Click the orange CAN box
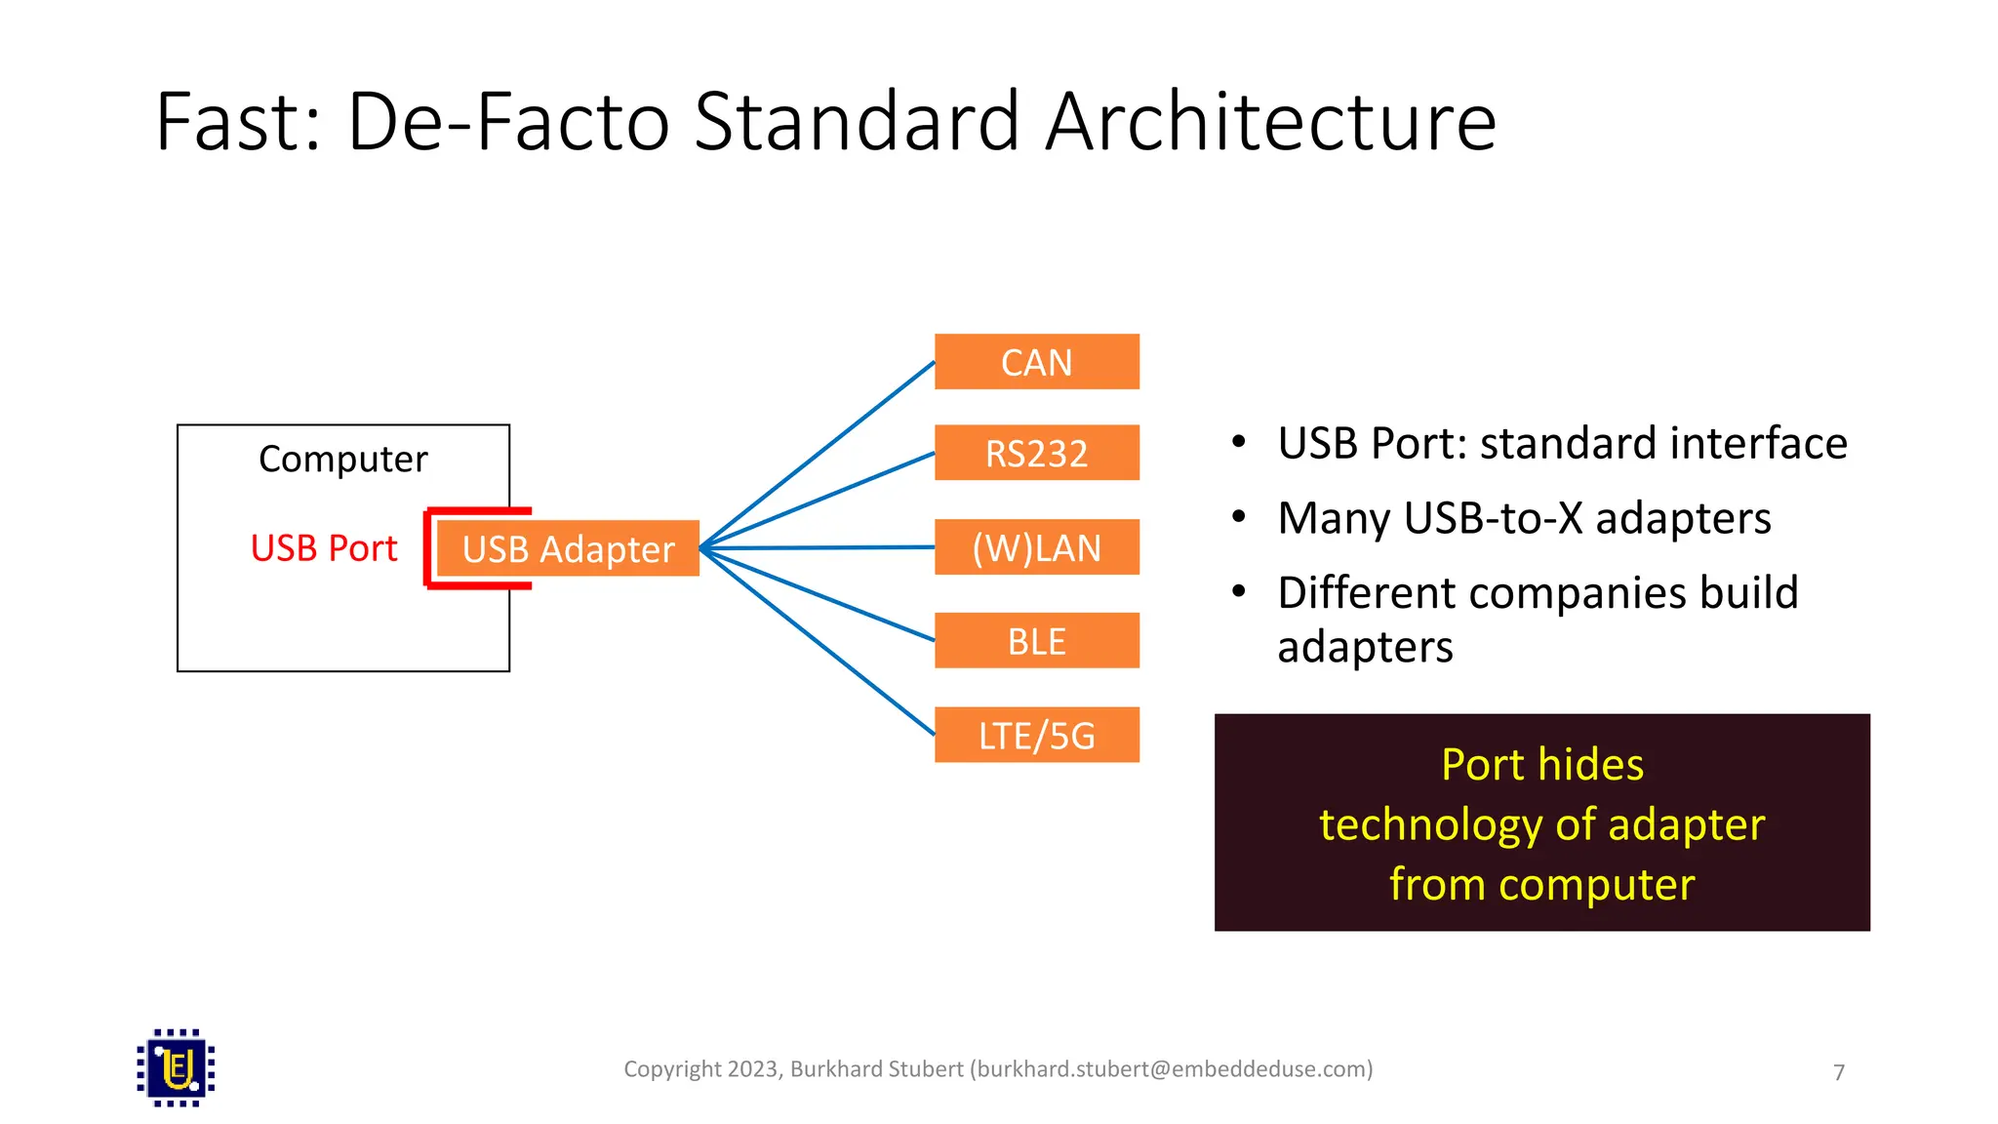coord(1036,362)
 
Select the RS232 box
coord(1036,453)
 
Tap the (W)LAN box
coord(1036,547)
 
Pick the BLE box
coord(1036,641)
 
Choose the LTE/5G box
coord(1036,735)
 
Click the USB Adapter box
coord(568,548)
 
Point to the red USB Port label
coord(324,548)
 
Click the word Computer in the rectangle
coord(342,459)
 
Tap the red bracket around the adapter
coord(428,548)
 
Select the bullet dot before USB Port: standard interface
coord(1239,442)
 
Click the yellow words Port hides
coord(1541,764)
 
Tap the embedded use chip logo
coord(176,1067)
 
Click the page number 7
coord(1839,1072)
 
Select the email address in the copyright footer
coord(1171,1069)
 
